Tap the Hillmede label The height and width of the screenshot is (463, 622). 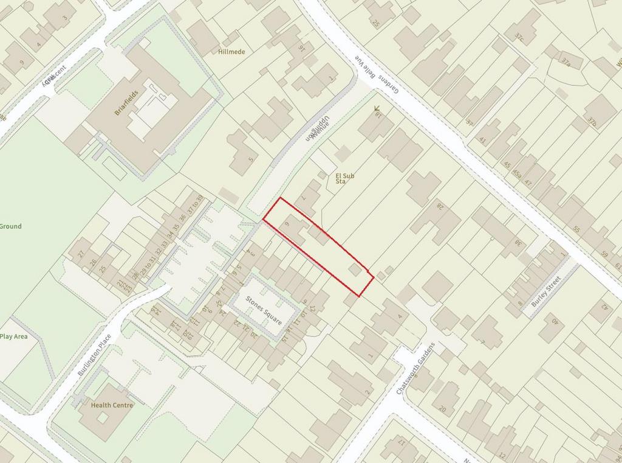click(231, 52)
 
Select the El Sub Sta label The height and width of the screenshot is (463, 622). click(344, 178)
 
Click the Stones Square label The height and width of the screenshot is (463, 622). click(264, 309)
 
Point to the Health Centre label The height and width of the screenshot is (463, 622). click(112, 405)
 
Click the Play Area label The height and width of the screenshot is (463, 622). click(15, 336)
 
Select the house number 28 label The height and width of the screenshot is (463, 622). click(440, 206)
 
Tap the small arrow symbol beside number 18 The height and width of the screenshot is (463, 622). click(377, 109)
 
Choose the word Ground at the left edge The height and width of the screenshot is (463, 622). click(10, 226)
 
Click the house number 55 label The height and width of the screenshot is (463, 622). click(576, 231)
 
